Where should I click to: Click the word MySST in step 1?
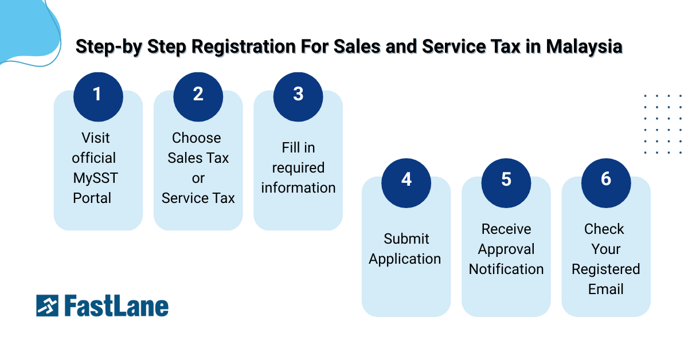click(95, 178)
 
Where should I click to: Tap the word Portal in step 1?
click(92, 198)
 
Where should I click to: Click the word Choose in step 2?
click(197, 138)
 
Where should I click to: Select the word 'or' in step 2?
click(198, 178)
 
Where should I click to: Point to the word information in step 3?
click(298, 188)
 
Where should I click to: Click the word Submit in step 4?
click(406, 239)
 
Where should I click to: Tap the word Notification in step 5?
click(506, 269)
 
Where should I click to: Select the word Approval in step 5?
click(506, 249)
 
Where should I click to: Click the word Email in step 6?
click(606, 289)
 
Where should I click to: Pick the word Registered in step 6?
click(606, 269)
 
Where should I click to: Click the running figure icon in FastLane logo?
click(47, 306)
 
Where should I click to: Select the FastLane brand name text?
click(116, 306)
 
